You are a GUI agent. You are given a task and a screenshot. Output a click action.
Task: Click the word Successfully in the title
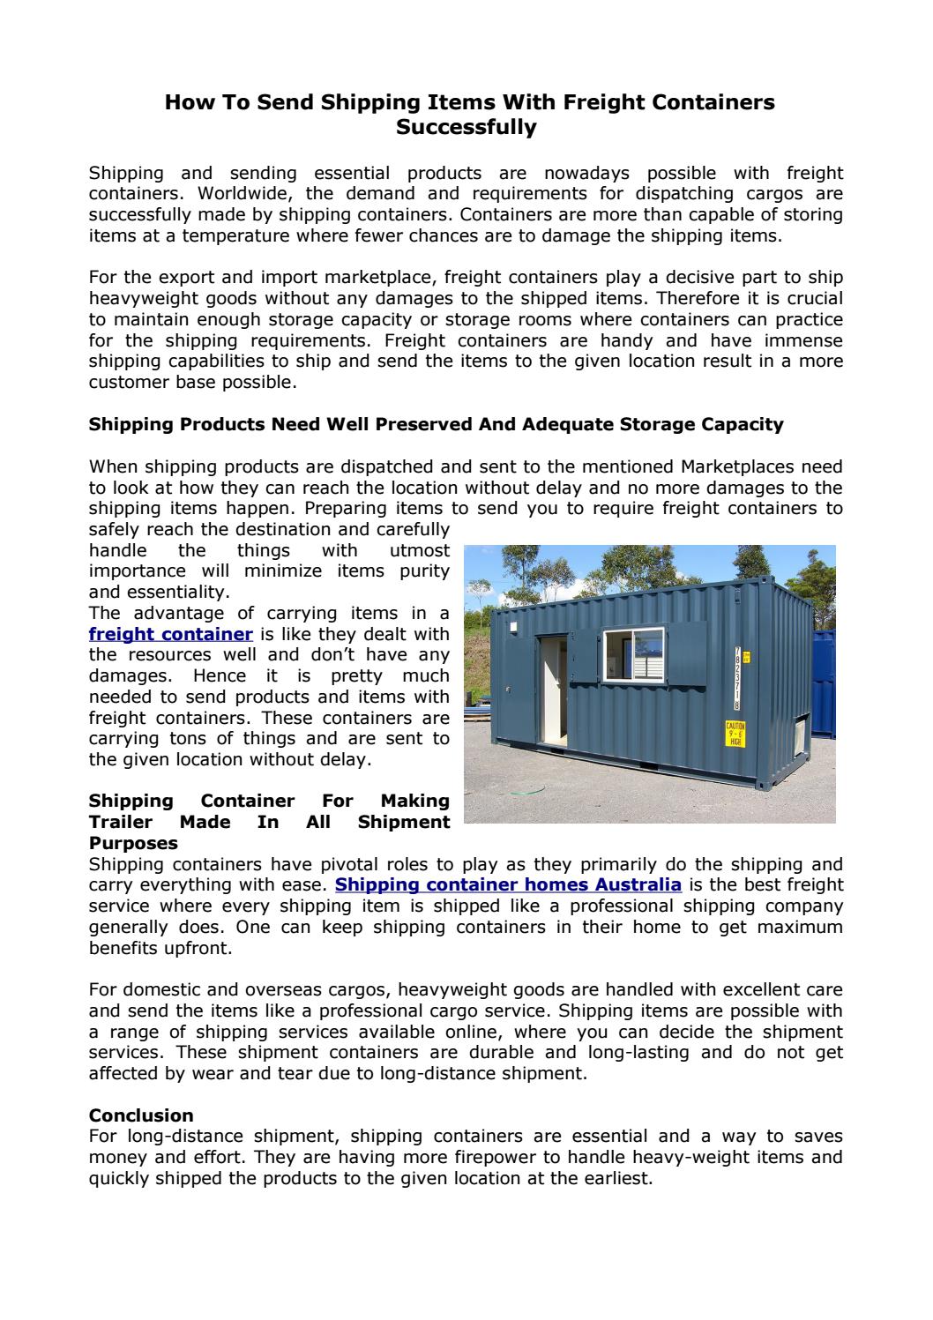click(x=466, y=128)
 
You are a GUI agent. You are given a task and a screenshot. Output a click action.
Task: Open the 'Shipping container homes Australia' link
click(x=509, y=884)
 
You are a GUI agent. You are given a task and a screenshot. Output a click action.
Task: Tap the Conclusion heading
click(x=141, y=1115)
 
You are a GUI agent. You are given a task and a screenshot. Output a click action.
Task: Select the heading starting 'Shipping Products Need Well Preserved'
click(x=436, y=424)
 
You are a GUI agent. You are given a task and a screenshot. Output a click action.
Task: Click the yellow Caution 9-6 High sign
click(x=735, y=734)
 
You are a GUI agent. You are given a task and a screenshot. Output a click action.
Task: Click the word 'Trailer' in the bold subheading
click(x=123, y=822)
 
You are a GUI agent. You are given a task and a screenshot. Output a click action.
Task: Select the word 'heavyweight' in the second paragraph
click(x=140, y=299)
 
